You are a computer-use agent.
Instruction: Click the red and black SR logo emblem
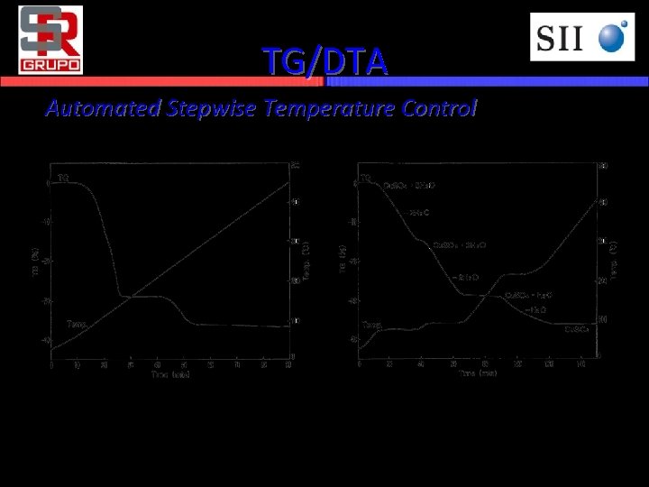click(x=50, y=32)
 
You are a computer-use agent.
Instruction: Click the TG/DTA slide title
click(x=324, y=61)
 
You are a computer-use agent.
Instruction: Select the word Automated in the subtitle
click(x=101, y=109)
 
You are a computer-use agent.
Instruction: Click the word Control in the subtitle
click(x=439, y=109)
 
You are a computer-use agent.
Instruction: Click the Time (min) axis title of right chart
click(x=476, y=372)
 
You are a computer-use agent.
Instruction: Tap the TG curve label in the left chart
click(x=63, y=177)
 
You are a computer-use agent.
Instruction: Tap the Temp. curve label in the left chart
click(x=76, y=324)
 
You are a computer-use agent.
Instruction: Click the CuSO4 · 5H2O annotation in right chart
click(x=410, y=186)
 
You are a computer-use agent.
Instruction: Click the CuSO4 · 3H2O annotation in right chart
click(x=460, y=244)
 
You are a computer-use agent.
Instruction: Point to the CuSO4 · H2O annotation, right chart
click(x=528, y=295)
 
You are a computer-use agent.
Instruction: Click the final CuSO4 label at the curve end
click(x=577, y=329)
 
